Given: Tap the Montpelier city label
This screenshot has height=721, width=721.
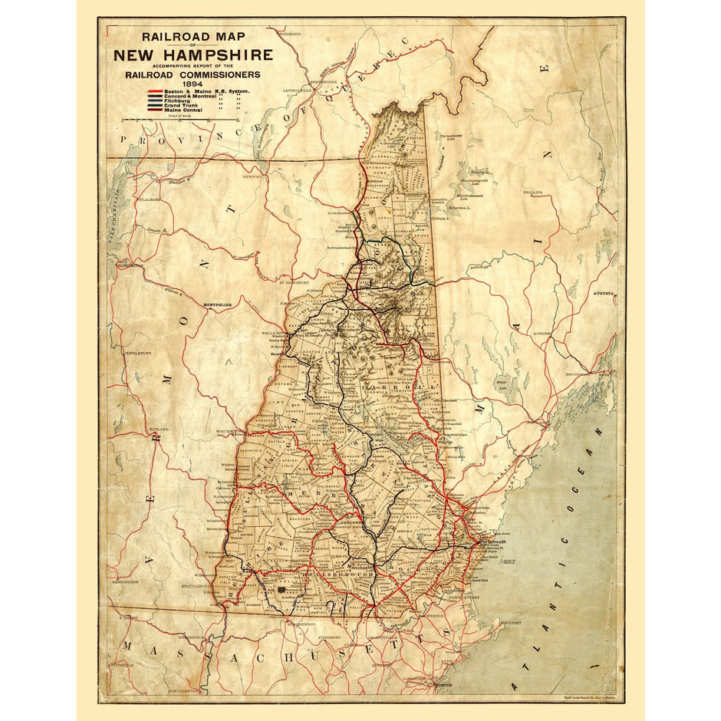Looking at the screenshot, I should point(216,305).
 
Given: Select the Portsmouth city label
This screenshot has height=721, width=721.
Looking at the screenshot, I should point(494,542).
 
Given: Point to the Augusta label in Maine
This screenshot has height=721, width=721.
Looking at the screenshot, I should point(604,294).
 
